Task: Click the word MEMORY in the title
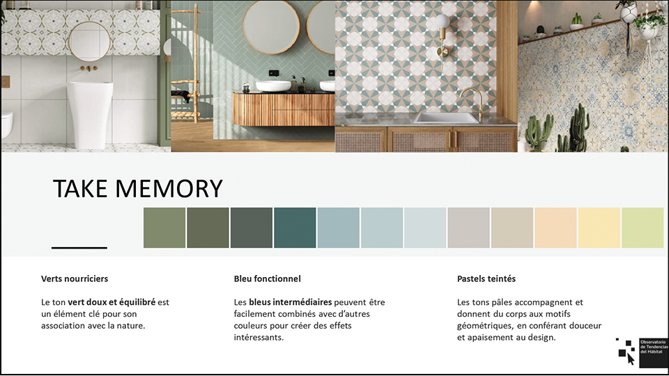pos(169,189)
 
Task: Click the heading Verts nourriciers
pos(75,279)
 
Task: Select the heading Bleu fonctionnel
pos(267,279)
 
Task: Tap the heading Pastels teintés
pos(486,279)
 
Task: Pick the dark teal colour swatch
pos(295,228)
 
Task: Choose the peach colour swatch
pos(555,228)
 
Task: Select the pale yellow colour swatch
pos(599,228)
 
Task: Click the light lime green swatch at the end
pos(643,228)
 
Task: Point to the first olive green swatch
pos(164,228)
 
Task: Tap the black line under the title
pos(79,247)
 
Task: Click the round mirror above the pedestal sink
pos(90,42)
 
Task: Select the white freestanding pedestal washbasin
pos(90,114)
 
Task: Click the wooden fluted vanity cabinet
pos(284,109)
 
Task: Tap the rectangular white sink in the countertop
pos(446,118)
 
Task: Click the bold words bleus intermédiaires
pos(290,302)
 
